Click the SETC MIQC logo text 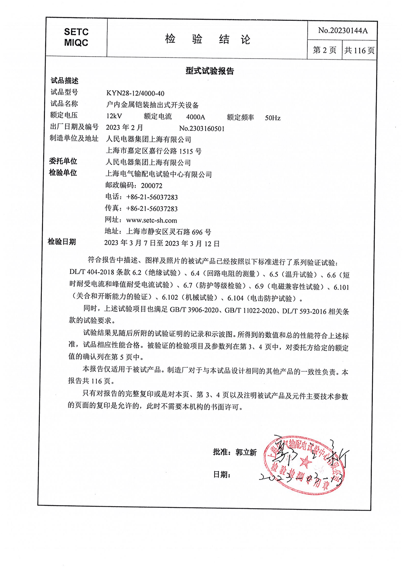coord(76,37)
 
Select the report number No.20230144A coord(342,30)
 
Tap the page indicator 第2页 coord(324,50)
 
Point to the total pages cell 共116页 coord(359,50)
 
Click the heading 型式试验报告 coord(210,71)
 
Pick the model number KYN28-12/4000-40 coord(135,93)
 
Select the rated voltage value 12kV coord(114,116)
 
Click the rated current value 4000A coord(196,117)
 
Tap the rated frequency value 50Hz coord(273,118)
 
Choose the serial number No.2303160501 coord(202,128)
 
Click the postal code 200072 coord(152,186)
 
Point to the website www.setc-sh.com coord(152,220)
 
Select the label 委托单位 coord(63,161)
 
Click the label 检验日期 coord(62,242)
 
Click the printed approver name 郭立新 coord(246,452)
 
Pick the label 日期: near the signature coord(222,475)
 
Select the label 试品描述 coord(65,81)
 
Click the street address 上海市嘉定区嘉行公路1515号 coord(154,151)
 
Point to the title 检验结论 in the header coord(207,39)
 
